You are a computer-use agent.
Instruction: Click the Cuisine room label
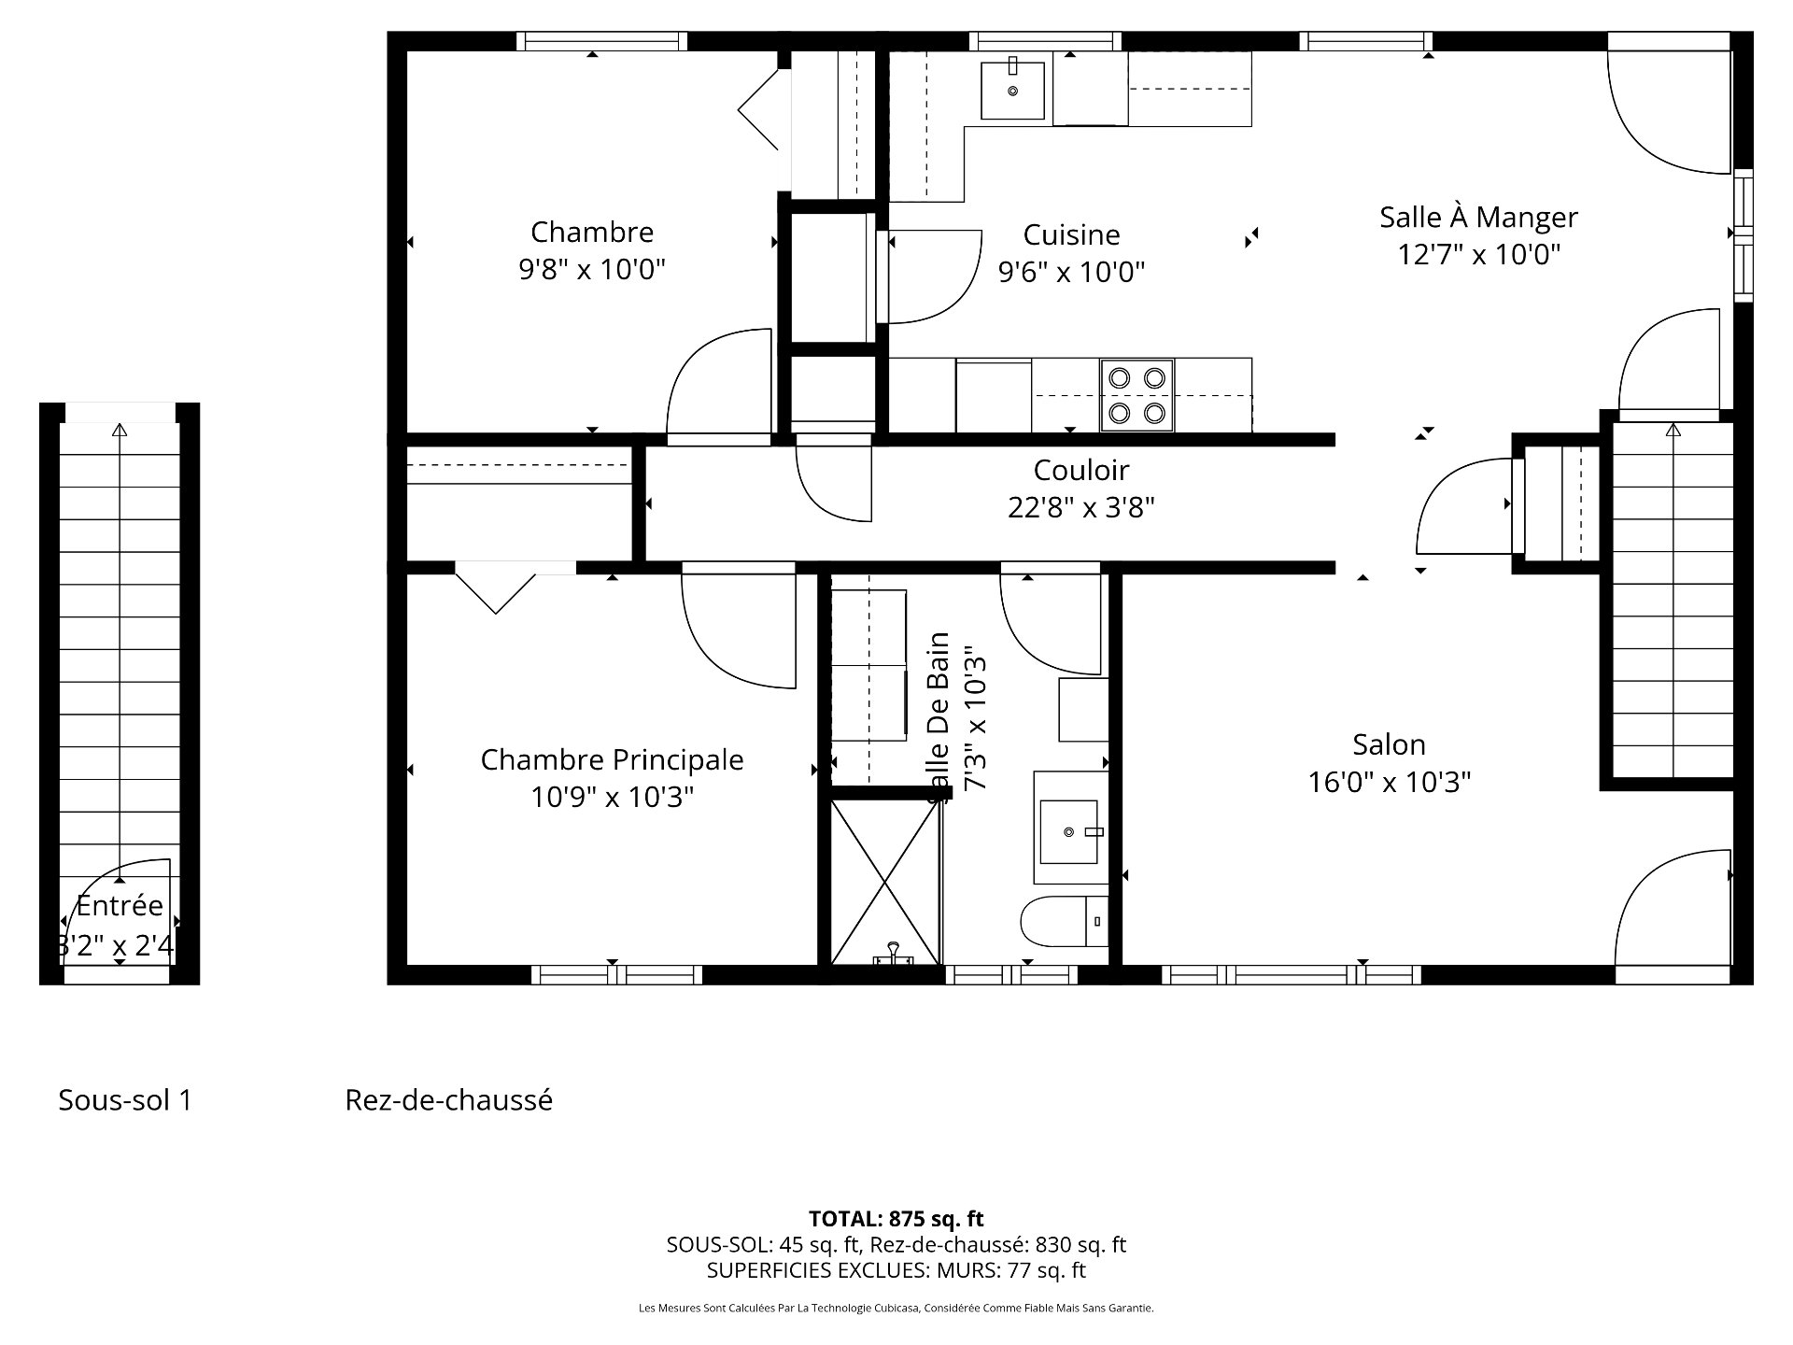point(1071,234)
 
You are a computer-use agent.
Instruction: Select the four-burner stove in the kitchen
point(1137,395)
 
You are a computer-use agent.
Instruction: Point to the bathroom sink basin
point(1069,830)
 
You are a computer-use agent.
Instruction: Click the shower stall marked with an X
point(884,882)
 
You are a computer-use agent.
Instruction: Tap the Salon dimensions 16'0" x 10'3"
point(1389,782)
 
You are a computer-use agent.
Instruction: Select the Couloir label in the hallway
point(1080,470)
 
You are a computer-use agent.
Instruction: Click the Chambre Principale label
point(612,759)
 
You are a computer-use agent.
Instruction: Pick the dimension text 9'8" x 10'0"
point(591,270)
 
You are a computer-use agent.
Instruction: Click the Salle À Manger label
point(1478,218)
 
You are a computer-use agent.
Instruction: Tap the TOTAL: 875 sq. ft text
point(896,1218)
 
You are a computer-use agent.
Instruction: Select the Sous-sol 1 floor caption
point(125,1100)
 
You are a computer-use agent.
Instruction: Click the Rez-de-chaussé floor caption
point(448,1100)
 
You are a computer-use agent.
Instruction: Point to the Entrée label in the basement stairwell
point(120,905)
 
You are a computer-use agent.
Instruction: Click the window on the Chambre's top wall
point(601,41)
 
